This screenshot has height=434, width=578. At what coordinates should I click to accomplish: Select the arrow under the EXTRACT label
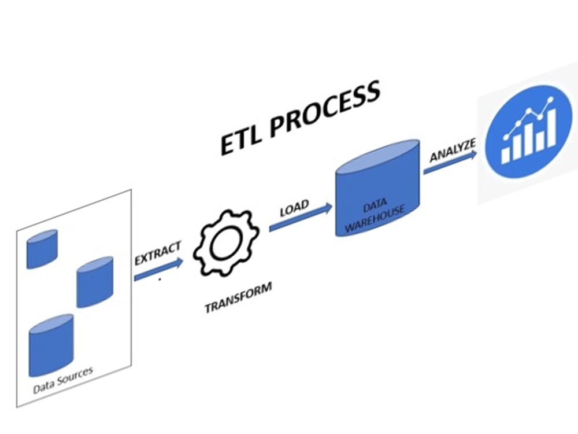[158, 270]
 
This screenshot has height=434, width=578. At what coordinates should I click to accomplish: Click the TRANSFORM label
[238, 298]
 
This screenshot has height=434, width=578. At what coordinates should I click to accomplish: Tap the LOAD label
[294, 207]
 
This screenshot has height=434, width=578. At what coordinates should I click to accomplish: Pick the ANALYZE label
[453, 149]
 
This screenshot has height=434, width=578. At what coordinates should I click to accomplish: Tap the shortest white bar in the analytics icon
[507, 151]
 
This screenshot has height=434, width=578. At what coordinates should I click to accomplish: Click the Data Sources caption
[63, 381]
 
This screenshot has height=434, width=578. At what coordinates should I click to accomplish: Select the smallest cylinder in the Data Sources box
[42, 249]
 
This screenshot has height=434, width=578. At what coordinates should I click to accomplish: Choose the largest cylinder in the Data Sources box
[51, 344]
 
